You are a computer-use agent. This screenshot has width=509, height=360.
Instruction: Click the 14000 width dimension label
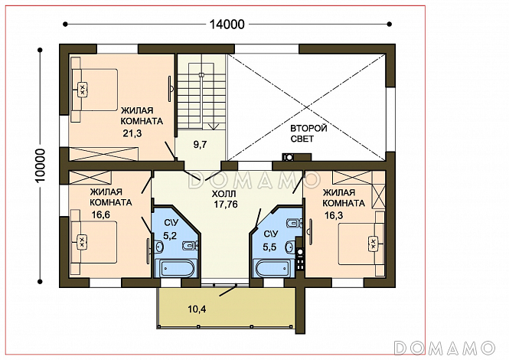coord(227,24)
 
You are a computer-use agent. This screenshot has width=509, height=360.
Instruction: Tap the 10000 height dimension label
coord(41,165)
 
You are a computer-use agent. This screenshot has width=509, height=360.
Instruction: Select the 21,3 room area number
coord(132,133)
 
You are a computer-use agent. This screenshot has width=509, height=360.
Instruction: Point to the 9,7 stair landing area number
coord(200,144)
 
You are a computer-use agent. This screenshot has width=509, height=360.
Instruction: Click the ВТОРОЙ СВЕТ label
coord(308,133)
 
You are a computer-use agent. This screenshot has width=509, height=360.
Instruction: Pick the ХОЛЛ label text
coord(224,195)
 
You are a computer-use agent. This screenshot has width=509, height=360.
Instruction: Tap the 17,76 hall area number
coord(226,205)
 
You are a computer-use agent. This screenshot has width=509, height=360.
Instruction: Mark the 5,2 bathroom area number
coord(170,235)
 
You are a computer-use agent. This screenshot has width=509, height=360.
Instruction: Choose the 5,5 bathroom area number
coord(269,247)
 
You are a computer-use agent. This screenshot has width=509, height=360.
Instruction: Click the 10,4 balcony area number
coord(197,309)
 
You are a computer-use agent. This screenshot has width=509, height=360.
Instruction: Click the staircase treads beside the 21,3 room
coord(201,92)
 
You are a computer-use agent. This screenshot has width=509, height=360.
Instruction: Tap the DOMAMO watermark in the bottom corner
coord(444,348)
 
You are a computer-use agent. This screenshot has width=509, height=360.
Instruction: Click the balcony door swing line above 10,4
coord(227,291)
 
